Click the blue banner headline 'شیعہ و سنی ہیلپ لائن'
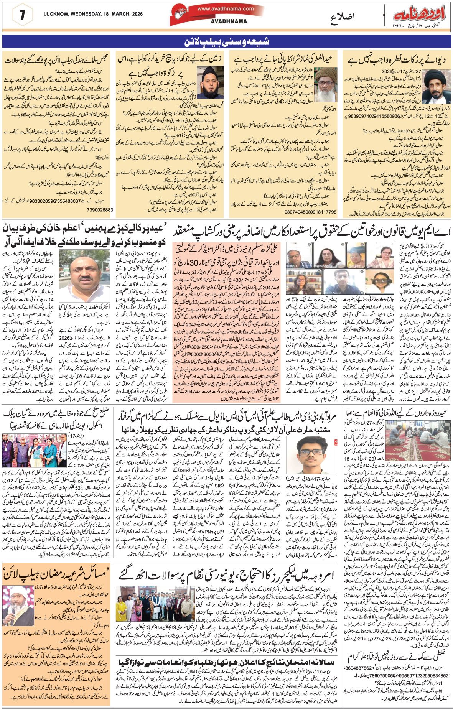227,41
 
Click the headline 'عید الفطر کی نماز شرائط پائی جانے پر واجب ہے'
283,59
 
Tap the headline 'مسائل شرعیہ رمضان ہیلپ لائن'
57,574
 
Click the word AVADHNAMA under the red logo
229,21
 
